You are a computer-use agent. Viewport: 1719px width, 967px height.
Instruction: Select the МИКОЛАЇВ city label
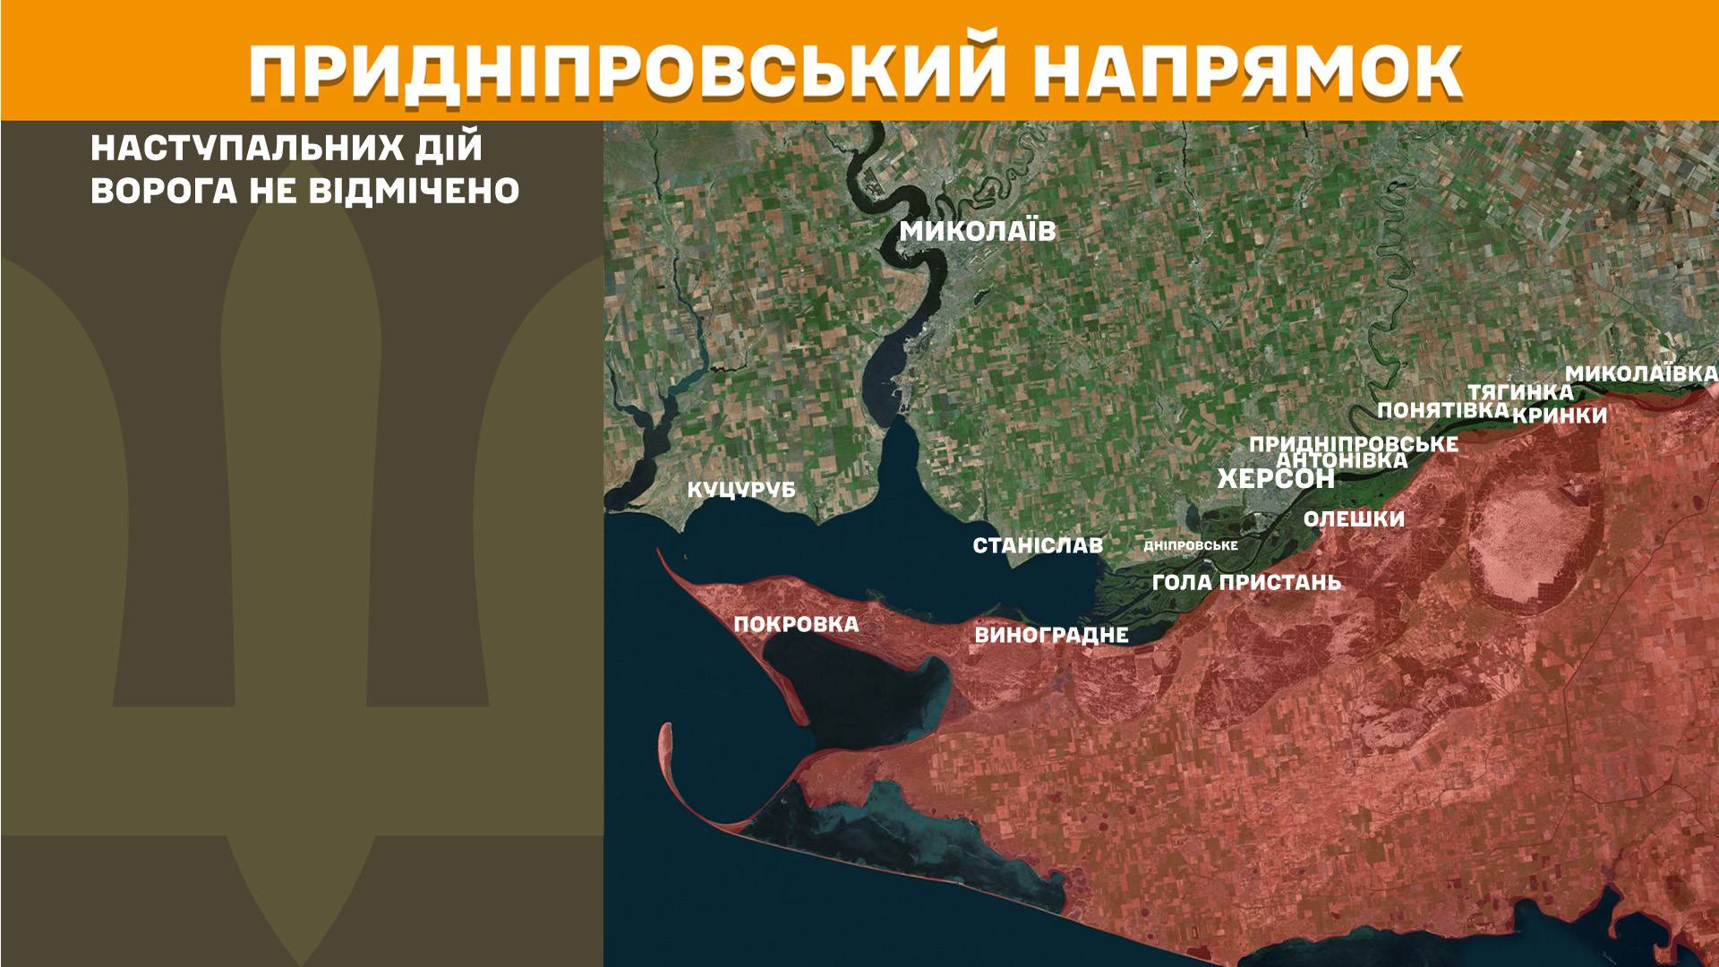pyautogui.click(x=978, y=232)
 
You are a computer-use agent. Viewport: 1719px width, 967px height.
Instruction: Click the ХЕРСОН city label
pyautogui.click(x=1276, y=479)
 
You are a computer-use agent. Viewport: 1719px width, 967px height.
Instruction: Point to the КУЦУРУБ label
pyautogui.click(x=741, y=491)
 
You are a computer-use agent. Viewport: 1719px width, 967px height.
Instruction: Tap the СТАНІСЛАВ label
pyautogui.click(x=1038, y=545)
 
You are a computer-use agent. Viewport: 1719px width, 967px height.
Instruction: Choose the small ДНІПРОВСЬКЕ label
pyautogui.click(x=1191, y=545)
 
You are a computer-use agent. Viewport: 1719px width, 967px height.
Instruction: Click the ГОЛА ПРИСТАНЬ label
pyautogui.click(x=1247, y=583)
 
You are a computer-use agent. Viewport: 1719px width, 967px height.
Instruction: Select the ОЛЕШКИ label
pyautogui.click(x=1354, y=519)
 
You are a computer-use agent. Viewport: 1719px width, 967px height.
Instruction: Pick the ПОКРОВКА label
pyautogui.click(x=796, y=624)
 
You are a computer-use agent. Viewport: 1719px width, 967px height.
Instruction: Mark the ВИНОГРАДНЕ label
pyautogui.click(x=1051, y=636)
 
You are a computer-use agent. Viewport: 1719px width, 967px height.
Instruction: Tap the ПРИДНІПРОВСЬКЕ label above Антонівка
pyautogui.click(x=1353, y=444)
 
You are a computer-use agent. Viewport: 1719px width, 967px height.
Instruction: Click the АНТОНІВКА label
pyautogui.click(x=1341, y=461)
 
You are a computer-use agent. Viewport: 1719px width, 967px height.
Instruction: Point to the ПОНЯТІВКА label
pyautogui.click(x=1443, y=410)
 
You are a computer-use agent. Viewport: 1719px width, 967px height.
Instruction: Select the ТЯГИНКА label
pyautogui.click(x=1519, y=392)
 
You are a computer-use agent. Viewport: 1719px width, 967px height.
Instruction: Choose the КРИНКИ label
pyautogui.click(x=1560, y=416)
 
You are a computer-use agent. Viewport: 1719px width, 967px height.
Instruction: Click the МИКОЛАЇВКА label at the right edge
pyautogui.click(x=1641, y=374)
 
